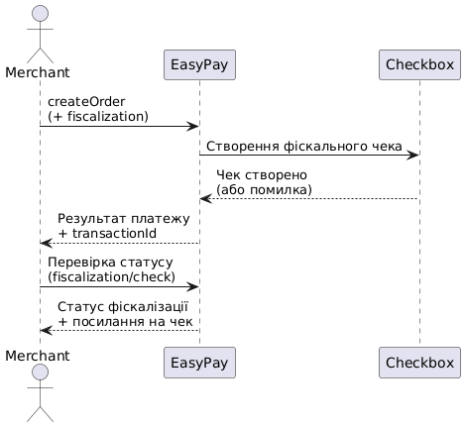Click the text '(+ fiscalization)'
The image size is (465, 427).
(x=96, y=116)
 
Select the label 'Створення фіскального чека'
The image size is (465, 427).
(x=303, y=146)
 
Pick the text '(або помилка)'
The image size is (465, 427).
(x=264, y=189)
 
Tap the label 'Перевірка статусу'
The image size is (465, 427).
(x=109, y=262)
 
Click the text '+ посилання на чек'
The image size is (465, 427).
(x=125, y=321)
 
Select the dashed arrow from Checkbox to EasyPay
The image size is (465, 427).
(x=308, y=199)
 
